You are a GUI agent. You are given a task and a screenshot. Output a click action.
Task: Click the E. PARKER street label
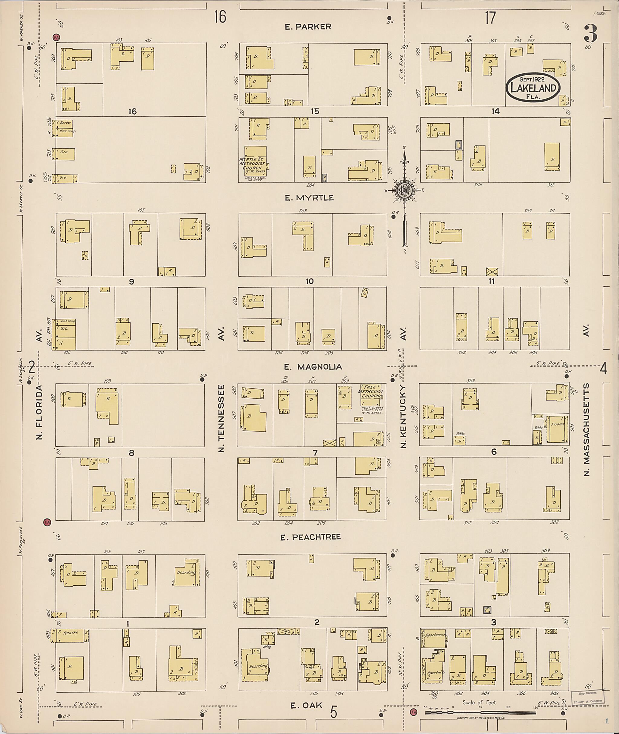308,27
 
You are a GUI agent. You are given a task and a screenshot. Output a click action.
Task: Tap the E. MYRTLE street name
309,198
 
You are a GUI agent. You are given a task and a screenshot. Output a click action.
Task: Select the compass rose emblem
404,190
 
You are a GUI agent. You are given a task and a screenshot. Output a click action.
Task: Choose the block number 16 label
132,112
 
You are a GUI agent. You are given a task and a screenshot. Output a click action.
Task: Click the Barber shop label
65,123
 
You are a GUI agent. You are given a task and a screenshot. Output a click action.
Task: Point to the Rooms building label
557,425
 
